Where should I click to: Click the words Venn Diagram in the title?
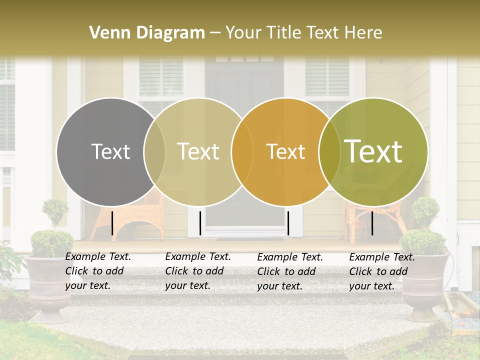[147, 33]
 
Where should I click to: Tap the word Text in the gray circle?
[110, 151]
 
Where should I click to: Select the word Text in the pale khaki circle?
[198, 151]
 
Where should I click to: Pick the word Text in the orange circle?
[285, 151]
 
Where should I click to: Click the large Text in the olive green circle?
[373, 151]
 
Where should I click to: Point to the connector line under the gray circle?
[112, 223]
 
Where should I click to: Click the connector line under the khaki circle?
[200, 223]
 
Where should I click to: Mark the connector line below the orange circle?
[288, 223]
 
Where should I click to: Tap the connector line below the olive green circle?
[372, 223]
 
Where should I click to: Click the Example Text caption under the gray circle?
[97, 271]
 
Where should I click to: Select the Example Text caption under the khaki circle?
[197, 271]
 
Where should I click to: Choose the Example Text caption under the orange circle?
[289, 271]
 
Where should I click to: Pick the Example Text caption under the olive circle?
[381, 271]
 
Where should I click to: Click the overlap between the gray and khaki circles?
[154, 151]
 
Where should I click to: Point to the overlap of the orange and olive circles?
[329, 151]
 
